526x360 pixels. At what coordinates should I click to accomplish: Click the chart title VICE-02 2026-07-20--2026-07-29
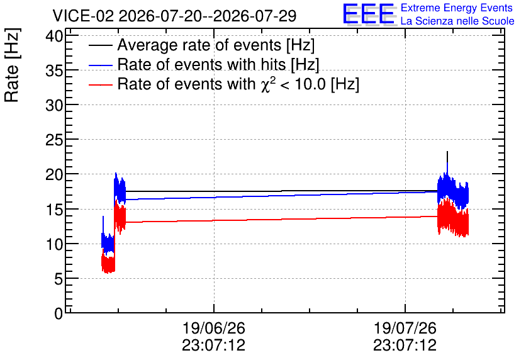(x=174, y=16)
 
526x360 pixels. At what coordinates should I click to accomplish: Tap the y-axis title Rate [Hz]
(x=12, y=65)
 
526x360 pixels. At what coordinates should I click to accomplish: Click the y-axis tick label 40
(x=54, y=36)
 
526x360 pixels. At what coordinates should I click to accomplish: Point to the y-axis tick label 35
(x=54, y=70)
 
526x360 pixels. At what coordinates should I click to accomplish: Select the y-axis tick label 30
(x=54, y=105)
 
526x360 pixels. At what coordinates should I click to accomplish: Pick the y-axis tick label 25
(x=54, y=140)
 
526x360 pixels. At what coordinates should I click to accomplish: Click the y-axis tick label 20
(x=54, y=174)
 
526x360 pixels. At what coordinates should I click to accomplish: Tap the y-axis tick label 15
(x=54, y=210)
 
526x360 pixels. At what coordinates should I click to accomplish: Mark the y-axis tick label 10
(x=54, y=244)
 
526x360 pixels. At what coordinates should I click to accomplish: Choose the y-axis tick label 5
(x=59, y=279)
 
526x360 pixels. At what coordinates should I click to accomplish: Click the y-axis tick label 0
(x=59, y=313)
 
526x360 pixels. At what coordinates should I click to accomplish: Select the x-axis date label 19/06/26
(x=214, y=328)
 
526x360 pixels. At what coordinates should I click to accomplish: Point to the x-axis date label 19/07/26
(x=405, y=328)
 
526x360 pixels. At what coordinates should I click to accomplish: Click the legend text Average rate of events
(x=199, y=45)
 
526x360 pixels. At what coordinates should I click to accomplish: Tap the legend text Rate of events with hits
(x=201, y=64)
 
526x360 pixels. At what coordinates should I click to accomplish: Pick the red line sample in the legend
(x=100, y=84)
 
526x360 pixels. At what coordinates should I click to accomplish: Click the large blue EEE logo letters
(x=368, y=14)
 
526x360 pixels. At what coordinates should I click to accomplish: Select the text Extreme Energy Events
(x=457, y=8)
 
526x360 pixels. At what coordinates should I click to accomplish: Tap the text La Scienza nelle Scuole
(x=457, y=21)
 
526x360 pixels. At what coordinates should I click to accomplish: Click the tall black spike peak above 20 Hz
(x=447, y=152)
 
